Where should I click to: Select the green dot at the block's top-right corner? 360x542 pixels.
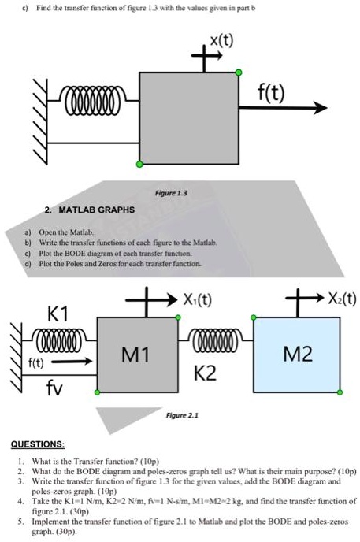tap(239, 73)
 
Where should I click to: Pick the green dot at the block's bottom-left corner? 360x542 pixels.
tap(139, 165)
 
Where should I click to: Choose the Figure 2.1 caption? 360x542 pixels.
tap(176, 413)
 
